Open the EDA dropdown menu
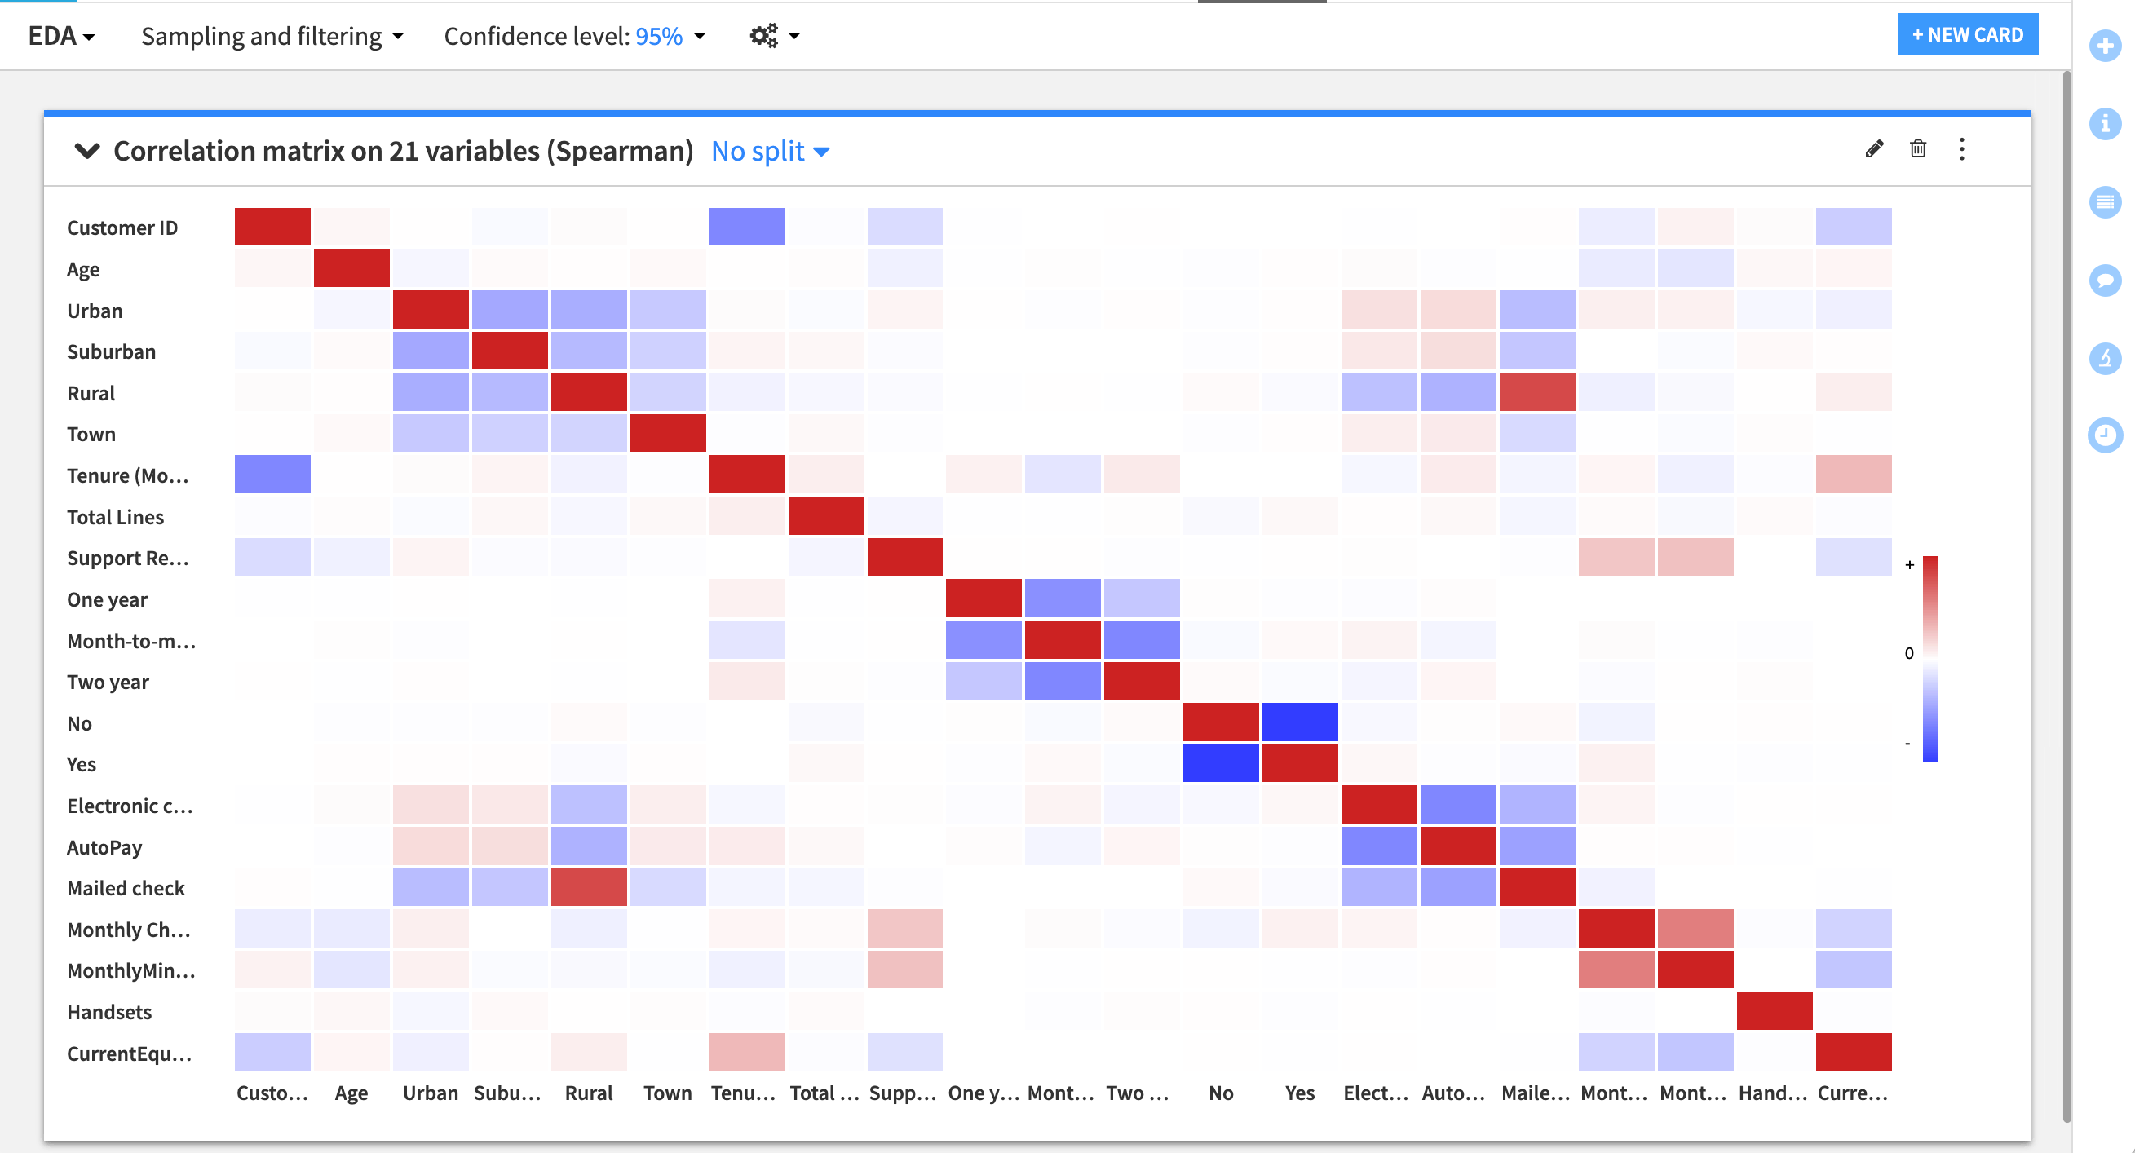pyautogui.click(x=61, y=36)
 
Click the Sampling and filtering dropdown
pyautogui.click(x=272, y=36)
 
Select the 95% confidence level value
pyautogui.click(x=659, y=36)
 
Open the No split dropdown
pyautogui.click(x=770, y=151)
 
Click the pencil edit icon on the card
pyautogui.click(x=1874, y=149)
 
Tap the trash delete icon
pyautogui.click(x=1918, y=149)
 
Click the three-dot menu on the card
pyautogui.click(x=1962, y=149)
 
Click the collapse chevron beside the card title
pyautogui.click(x=87, y=151)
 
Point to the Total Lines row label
pyautogui.click(x=115, y=517)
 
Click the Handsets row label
pyautogui.click(x=109, y=1012)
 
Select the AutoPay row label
pyautogui.click(x=104, y=847)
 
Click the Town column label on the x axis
pyautogui.click(x=667, y=1093)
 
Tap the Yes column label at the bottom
pyautogui.click(x=1300, y=1093)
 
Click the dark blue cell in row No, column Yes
pyautogui.click(x=1300, y=722)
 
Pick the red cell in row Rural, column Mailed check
pyautogui.click(x=1536, y=392)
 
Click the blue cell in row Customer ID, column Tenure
pyautogui.click(x=747, y=227)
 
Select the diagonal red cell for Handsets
pyautogui.click(x=1775, y=1010)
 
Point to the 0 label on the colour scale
pyautogui.click(x=1909, y=653)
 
